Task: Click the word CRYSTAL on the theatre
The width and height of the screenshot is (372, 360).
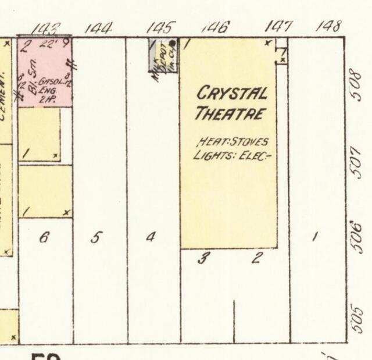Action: point(233,92)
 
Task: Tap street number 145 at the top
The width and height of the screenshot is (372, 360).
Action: point(160,27)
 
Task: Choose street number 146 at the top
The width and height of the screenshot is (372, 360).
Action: point(216,27)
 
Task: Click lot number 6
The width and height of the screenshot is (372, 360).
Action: point(43,237)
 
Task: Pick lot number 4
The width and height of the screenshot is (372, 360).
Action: point(150,237)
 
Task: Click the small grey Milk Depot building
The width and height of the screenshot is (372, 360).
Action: point(163,55)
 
